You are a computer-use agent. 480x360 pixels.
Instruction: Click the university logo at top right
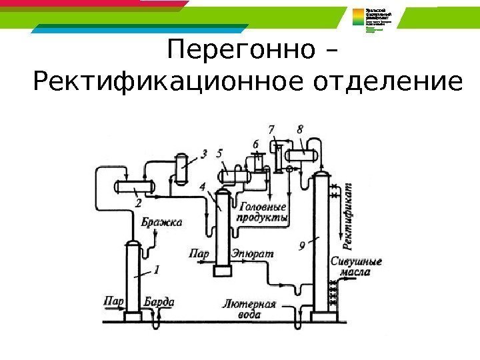click(x=377, y=24)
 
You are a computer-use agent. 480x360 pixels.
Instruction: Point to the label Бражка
click(x=160, y=223)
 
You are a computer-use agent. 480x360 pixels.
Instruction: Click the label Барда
click(x=159, y=302)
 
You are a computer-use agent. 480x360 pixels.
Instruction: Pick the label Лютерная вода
click(x=250, y=310)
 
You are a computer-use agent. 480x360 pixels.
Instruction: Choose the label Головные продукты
click(x=263, y=213)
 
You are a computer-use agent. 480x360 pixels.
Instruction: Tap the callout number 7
click(x=271, y=128)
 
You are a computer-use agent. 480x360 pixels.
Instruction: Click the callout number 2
click(x=137, y=202)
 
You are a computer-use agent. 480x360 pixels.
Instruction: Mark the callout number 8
click(x=300, y=128)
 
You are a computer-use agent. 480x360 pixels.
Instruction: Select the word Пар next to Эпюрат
click(x=199, y=254)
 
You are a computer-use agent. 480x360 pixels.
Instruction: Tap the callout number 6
click(x=255, y=143)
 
